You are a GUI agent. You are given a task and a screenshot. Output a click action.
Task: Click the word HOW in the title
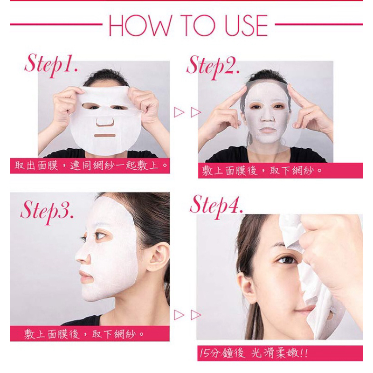coord(140,25)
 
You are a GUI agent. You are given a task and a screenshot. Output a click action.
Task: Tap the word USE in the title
coord(246,25)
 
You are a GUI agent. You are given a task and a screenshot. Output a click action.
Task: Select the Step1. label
coord(51,65)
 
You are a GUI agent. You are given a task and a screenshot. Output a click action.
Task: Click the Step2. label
coord(213,67)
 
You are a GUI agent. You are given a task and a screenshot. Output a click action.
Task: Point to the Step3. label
coord(47,212)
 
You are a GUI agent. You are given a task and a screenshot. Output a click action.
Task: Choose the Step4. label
coord(216,206)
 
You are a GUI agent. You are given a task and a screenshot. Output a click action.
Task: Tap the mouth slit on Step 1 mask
coord(104,136)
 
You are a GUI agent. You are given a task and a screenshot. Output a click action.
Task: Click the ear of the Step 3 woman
coord(157,257)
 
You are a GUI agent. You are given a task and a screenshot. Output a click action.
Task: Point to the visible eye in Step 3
coord(99,235)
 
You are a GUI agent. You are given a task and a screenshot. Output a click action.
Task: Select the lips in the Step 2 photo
coord(268,130)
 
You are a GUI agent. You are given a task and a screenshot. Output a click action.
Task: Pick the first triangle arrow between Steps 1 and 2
coord(179,112)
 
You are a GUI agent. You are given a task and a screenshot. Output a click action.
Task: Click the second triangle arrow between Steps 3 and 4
coord(196,315)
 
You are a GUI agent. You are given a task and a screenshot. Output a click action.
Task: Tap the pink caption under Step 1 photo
coord(90,166)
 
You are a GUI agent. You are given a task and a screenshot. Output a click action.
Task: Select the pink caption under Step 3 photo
coord(90,333)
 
